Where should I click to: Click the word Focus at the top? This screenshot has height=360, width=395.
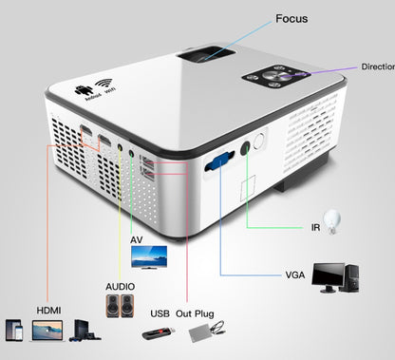(x=291, y=18)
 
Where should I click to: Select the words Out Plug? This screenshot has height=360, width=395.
(x=198, y=313)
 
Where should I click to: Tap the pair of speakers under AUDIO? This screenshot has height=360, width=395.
(x=122, y=304)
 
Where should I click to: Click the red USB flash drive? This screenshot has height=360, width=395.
(x=160, y=333)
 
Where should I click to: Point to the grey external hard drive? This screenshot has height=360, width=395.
(x=204, y=332)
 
